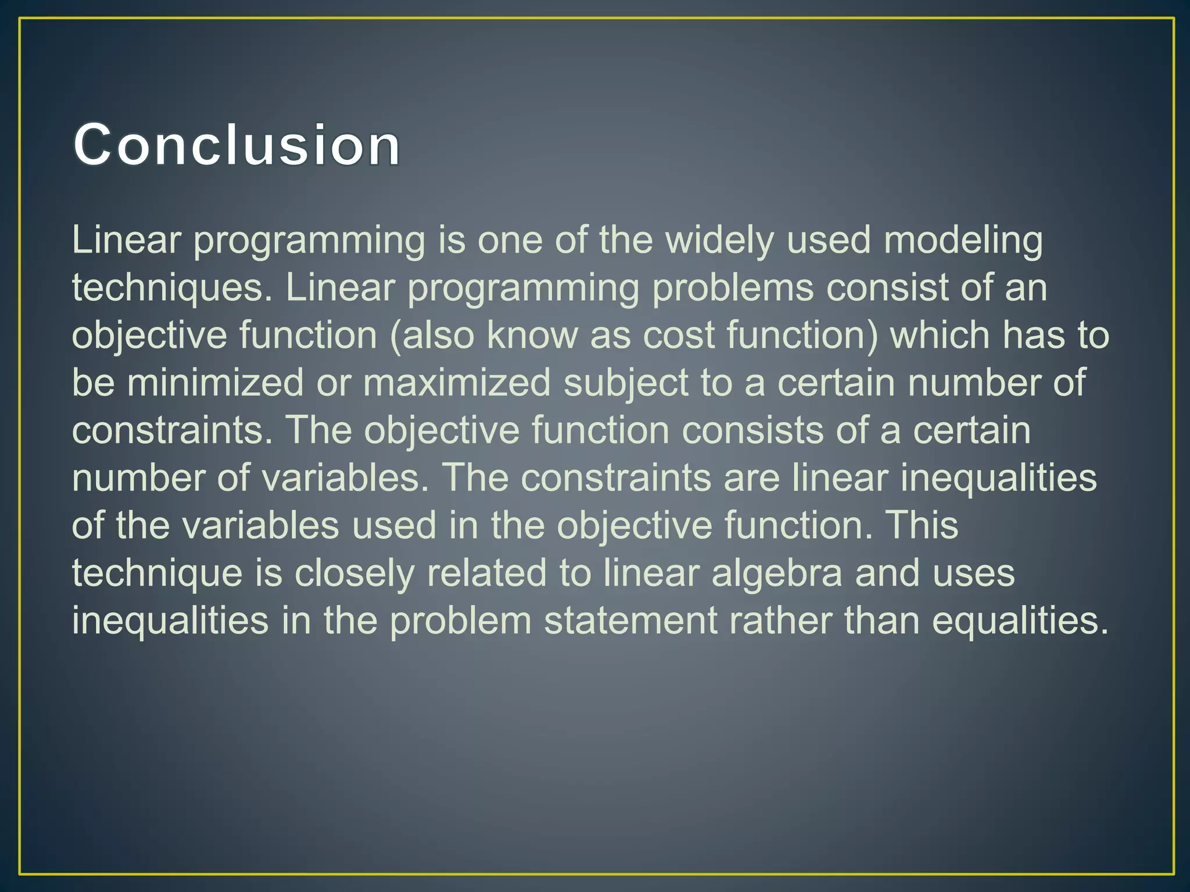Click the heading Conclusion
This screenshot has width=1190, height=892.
tap(236, 145)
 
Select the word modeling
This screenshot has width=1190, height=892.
tap(963, 240)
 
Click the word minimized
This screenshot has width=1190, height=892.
tap(215, 383)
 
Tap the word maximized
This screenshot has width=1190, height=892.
tap(457, 383)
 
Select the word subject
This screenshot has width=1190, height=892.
tap(626, 383)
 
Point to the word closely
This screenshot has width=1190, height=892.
tap(354, 573)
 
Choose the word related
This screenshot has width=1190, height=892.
tap(486, 573)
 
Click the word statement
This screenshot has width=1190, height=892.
tap(630, 621)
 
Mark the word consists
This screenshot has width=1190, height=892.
tap(752, 431)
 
